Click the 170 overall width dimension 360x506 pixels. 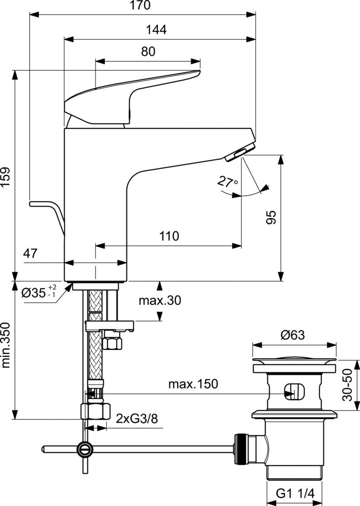click(142, 6)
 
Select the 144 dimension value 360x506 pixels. click(157, 30)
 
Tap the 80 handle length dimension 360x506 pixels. click(148, 52)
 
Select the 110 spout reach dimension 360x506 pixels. click(169, 236)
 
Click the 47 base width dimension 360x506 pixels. click(31, 254)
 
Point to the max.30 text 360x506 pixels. click(160, 300)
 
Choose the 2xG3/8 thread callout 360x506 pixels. click(137, 419)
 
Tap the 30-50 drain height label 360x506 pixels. click(349, 385)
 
